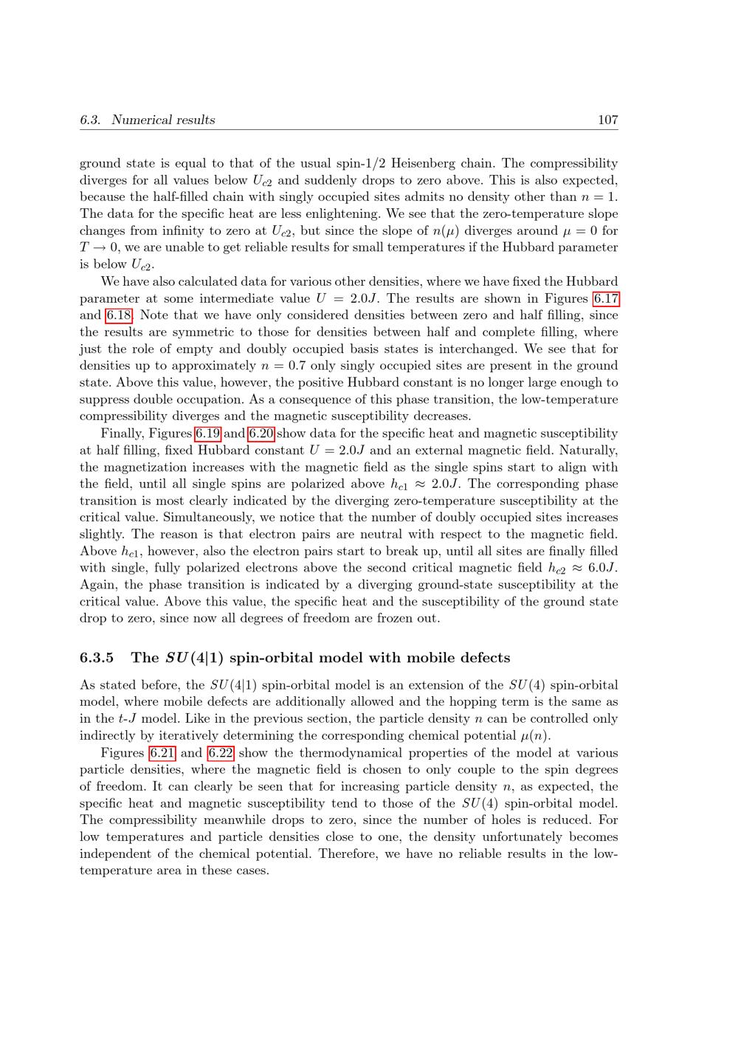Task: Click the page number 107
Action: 607,120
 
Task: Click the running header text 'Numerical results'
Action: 163,120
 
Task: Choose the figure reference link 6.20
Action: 261,433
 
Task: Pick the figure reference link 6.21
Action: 162,753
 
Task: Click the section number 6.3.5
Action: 96,658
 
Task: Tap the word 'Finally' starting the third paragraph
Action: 120,433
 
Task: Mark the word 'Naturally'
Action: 589,450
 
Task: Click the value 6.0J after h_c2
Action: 602,568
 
